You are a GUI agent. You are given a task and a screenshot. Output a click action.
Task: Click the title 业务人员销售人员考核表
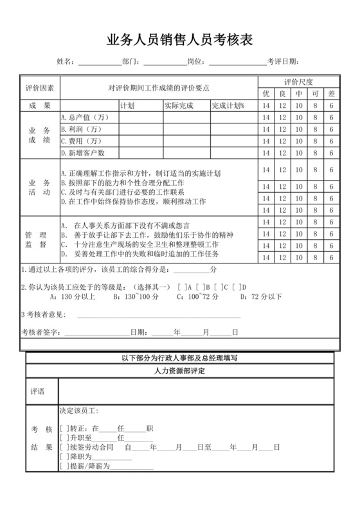pos(180,40)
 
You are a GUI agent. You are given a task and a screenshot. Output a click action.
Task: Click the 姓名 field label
pos(65,62)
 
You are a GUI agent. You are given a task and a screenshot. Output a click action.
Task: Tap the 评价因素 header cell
pos(40,87)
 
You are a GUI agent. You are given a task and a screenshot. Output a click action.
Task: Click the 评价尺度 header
pos(298,82)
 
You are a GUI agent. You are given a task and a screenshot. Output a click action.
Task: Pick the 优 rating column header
pos(266,94)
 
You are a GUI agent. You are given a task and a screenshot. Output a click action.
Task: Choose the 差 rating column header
pos(331,94)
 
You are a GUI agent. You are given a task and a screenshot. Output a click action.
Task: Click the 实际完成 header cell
pos(179,105)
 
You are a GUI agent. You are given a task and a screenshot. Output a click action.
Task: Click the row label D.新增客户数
pos(82,153)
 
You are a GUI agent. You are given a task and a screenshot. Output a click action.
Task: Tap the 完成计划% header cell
pos(228,105)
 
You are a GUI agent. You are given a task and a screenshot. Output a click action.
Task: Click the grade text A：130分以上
pos(73,297)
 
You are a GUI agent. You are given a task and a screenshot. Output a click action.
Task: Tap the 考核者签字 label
pos(38,332)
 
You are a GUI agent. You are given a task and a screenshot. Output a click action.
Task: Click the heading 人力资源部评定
pos(180,372)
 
